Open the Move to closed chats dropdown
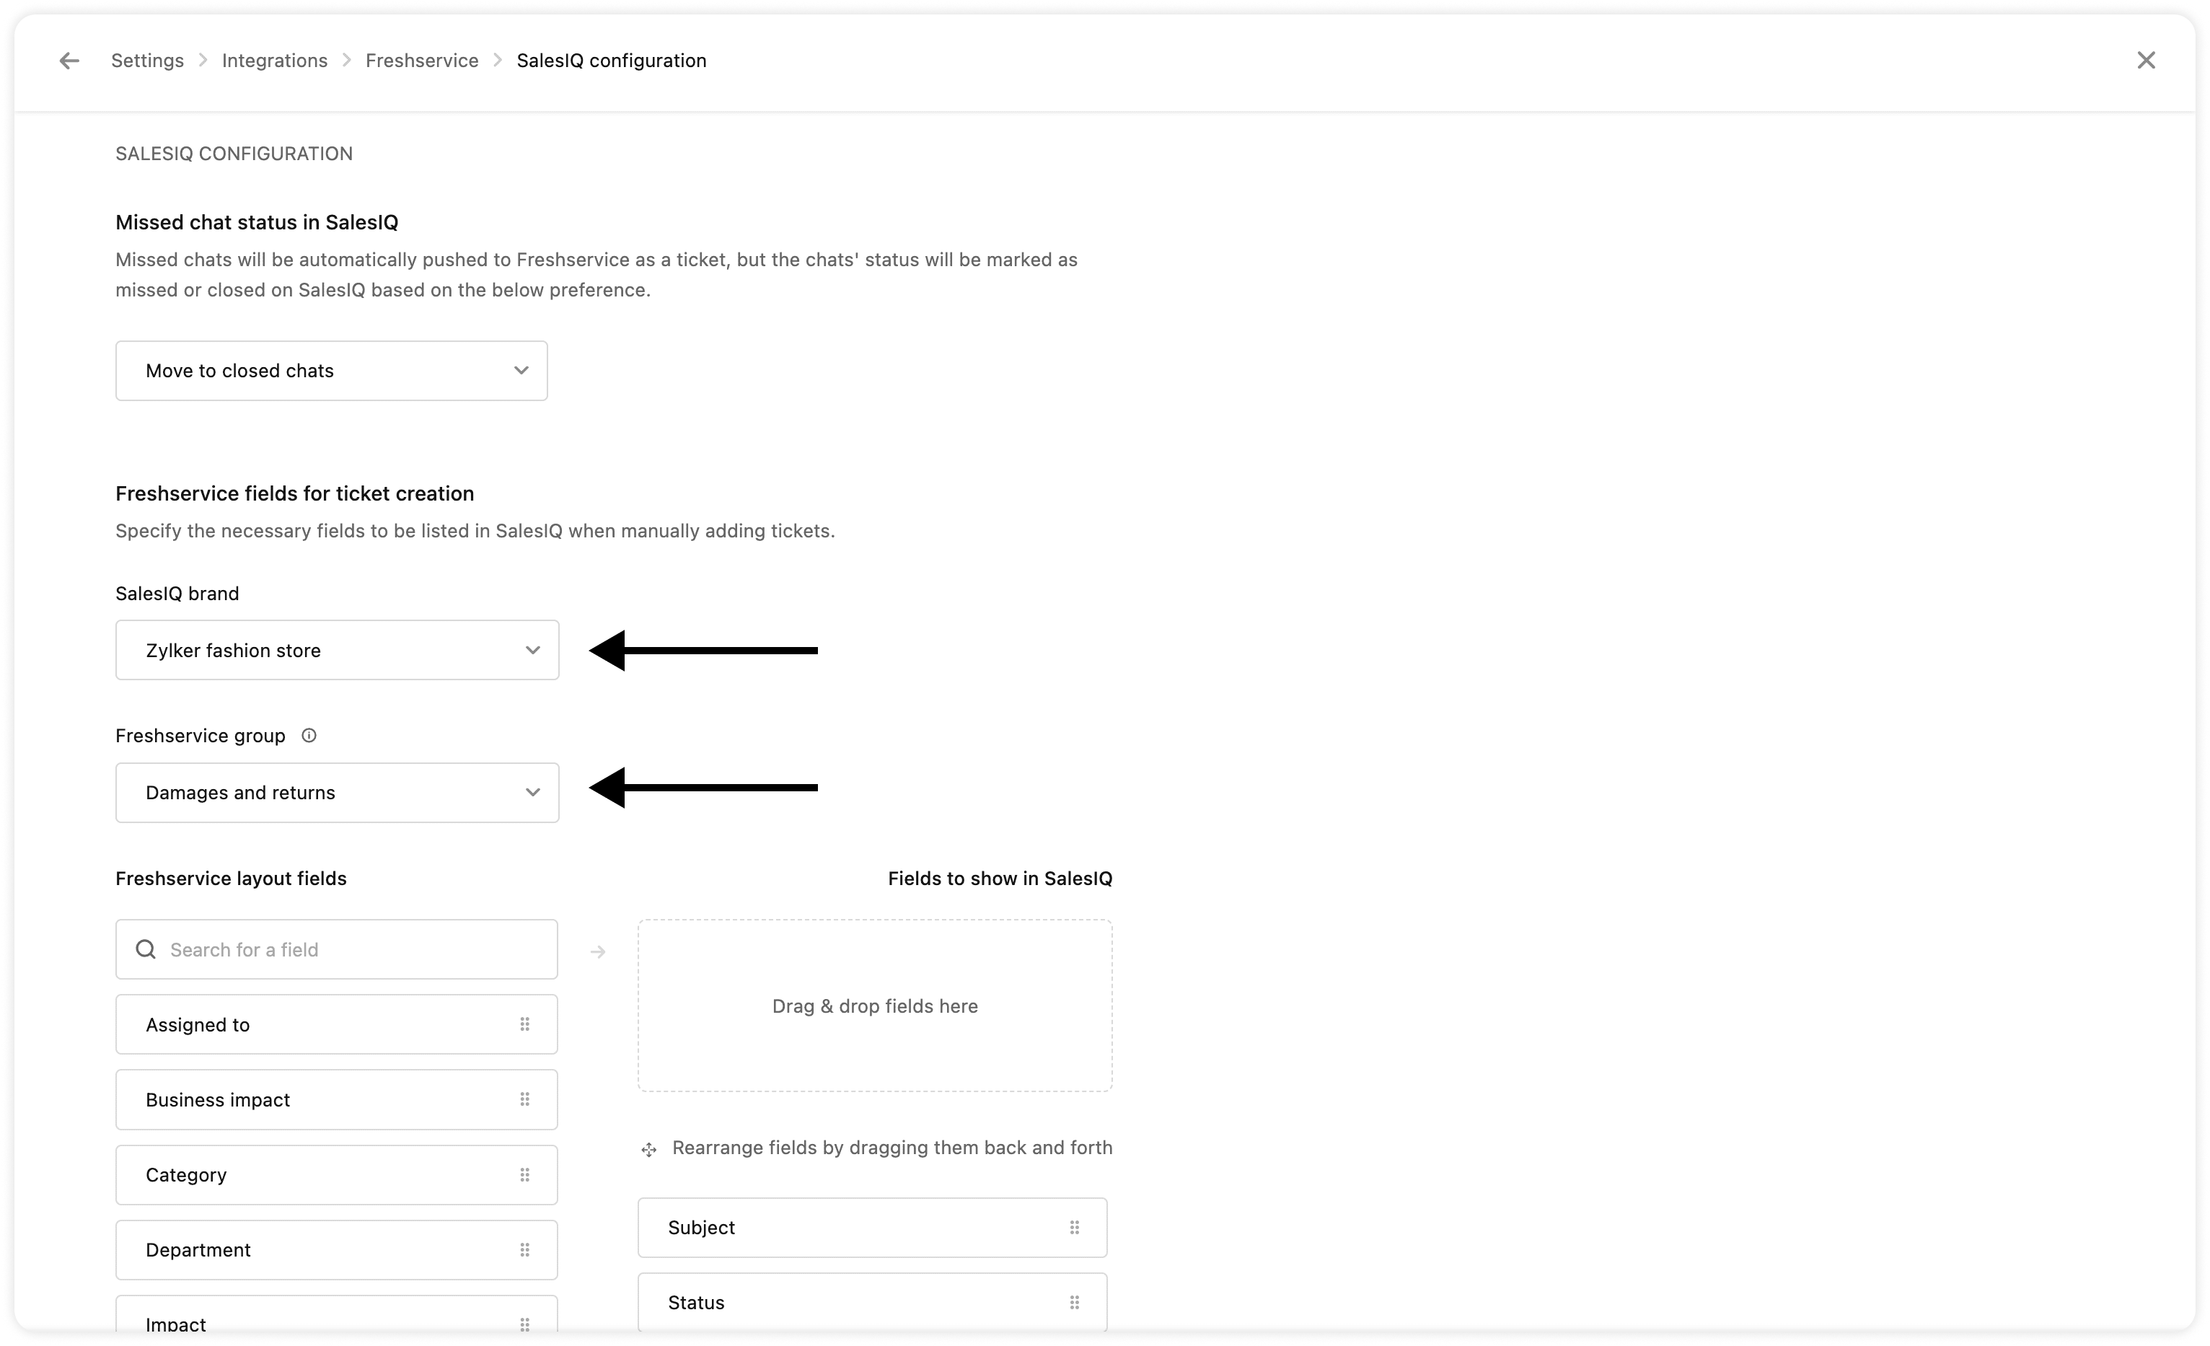point(331,370)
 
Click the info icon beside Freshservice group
point(309,735)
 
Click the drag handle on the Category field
point(524,1175)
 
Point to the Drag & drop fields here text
point(874,1006)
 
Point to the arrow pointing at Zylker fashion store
point(703,650)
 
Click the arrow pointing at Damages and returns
point(703,788)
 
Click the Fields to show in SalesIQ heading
point(999,879)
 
